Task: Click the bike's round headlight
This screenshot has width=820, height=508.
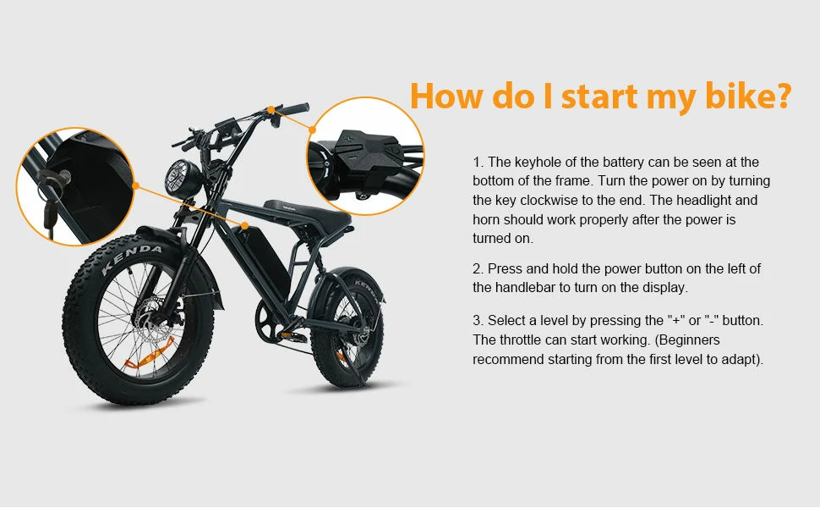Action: [183, 179]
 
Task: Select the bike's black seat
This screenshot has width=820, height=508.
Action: [307, 215]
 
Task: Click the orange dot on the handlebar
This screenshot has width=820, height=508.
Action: [271, 109]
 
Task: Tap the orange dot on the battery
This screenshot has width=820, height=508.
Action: [245, 226]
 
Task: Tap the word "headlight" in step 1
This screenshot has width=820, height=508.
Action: [704, 200]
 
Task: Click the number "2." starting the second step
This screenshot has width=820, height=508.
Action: [478, 268]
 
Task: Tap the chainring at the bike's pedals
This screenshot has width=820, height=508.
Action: [270, 321]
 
